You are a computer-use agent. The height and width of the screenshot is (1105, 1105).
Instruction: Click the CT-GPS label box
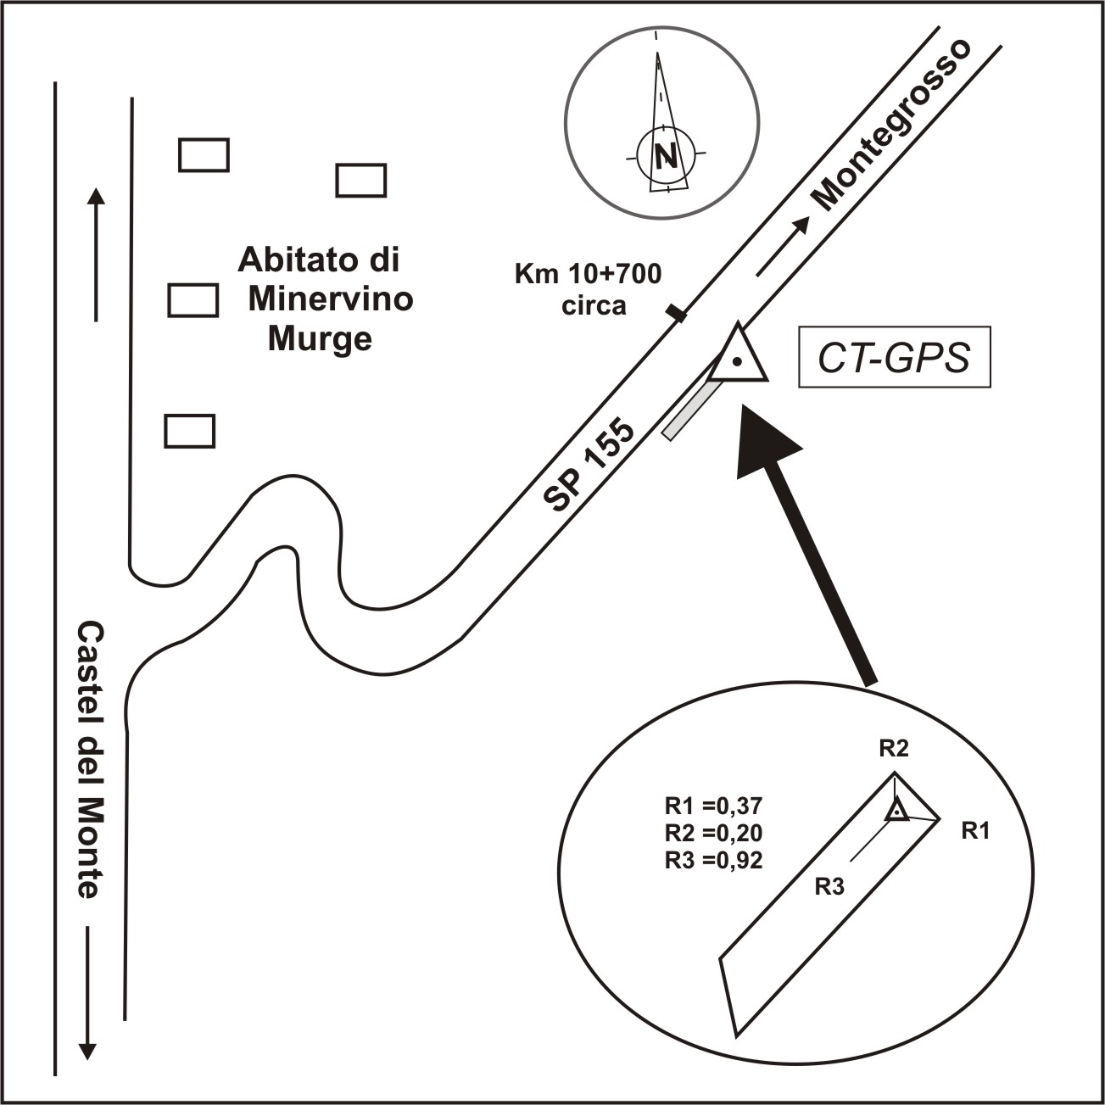pos(894,357)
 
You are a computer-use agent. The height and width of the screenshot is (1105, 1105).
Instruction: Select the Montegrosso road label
pos(892,124)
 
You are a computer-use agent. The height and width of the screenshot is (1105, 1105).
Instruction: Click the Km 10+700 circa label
pos(588,288)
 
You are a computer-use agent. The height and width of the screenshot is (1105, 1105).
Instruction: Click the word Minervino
pos(331,299)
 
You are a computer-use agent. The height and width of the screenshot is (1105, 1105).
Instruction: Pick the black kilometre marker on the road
pos(676,315)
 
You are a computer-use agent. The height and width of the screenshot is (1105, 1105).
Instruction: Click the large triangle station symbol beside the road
pos(738,356)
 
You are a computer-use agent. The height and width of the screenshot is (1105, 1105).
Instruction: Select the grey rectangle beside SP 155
pos(691,410)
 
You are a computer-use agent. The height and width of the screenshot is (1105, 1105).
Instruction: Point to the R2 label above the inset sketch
pos(894,748)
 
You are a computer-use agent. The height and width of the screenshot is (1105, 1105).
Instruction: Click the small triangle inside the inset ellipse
pos(896,812)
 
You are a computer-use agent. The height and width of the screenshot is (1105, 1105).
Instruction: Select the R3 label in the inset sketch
pos(829,887)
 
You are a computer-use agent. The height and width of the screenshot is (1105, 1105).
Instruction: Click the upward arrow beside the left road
pos(96,254)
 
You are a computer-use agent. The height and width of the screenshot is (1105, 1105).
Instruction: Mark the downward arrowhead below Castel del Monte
pos(87,1051)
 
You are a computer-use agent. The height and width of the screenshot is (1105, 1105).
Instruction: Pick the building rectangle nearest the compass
pos(361,180)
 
